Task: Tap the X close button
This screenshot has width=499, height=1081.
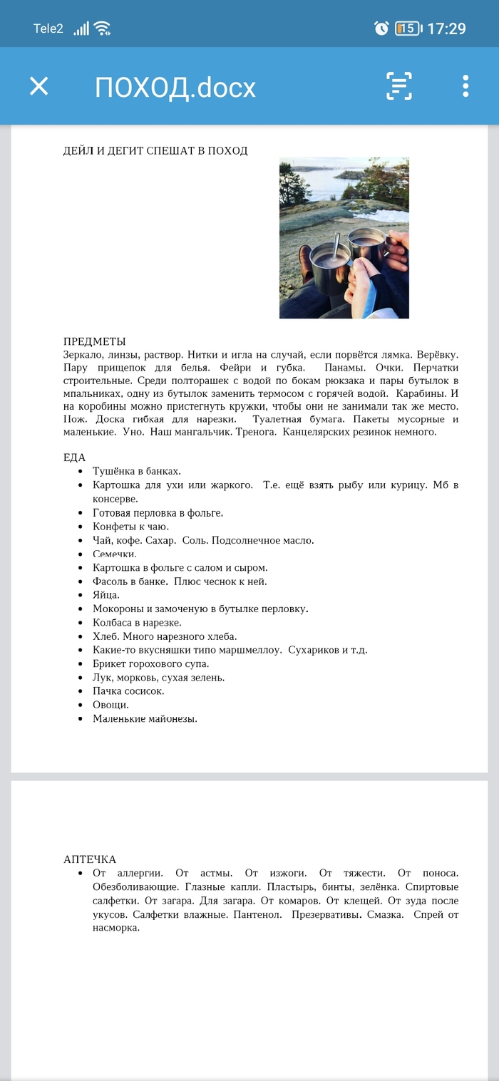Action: [38, 86]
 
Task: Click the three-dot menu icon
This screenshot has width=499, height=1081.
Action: [465, 86]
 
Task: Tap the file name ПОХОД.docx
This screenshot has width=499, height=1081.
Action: [175, 87]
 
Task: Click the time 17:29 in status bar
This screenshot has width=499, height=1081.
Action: [446, 29]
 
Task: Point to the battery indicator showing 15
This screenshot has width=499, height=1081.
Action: [408, 29]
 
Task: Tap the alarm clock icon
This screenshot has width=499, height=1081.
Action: [381, 29]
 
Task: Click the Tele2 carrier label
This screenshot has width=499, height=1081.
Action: [48, 29]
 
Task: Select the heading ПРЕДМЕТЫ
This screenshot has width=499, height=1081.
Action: [94, 341]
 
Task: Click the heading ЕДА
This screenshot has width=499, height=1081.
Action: [74, 457]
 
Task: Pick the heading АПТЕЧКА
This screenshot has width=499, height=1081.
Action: [90, 859]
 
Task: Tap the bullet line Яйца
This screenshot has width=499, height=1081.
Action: [106, 595]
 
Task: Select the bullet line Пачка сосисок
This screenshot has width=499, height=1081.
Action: [128, 691]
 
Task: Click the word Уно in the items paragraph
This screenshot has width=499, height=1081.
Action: [132, 432]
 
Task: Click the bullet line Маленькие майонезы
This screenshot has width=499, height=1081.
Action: [145, 718]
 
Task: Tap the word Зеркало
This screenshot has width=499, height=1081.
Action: [83, 354]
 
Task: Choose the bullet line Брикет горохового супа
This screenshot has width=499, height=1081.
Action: [151, 663]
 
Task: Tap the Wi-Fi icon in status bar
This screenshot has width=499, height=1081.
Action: [103, 29]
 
